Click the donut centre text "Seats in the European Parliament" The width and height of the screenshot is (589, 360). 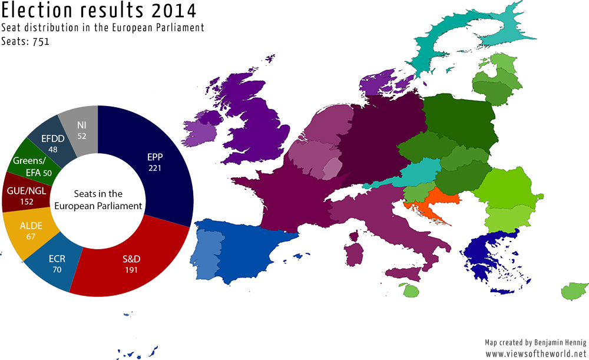click(x=98, y=200)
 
